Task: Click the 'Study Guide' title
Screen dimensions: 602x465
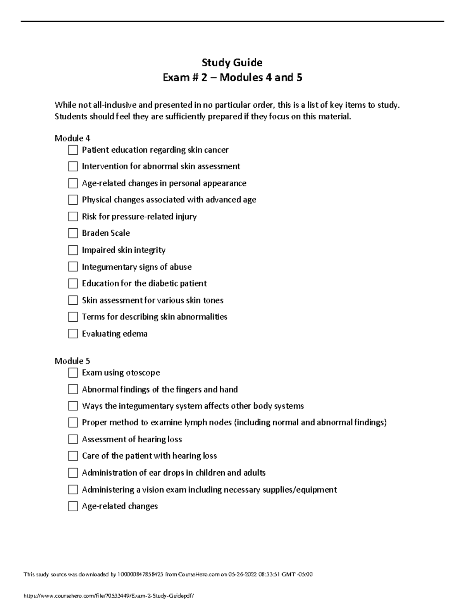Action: tap(232, 62)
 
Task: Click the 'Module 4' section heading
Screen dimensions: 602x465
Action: tap(72, 138)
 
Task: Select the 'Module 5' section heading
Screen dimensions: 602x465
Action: tap(72, 361)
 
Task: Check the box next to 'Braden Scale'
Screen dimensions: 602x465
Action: tap(73, 233)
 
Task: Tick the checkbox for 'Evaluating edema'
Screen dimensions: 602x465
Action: tap(73, 334)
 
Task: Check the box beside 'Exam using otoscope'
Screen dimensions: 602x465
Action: tap(73, 373)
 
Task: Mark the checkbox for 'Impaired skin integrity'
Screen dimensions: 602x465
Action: tap(73, 250)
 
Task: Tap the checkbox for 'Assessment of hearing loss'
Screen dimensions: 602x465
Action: tap(73, 439)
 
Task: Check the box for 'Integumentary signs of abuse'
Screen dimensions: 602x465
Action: tap(73, 267)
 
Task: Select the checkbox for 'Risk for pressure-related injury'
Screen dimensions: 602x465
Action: tap(73, 217)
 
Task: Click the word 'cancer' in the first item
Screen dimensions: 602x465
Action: tap(216, 150)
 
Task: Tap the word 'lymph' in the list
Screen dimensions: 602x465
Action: tap(196, 423)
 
